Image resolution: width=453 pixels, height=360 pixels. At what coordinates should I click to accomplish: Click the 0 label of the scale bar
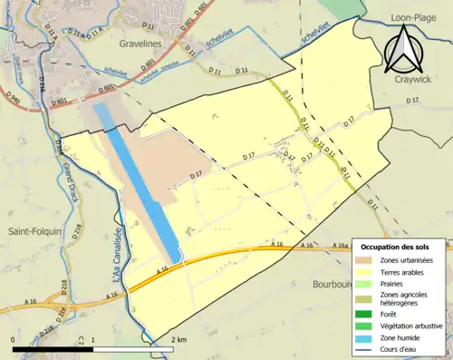point(14,339)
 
